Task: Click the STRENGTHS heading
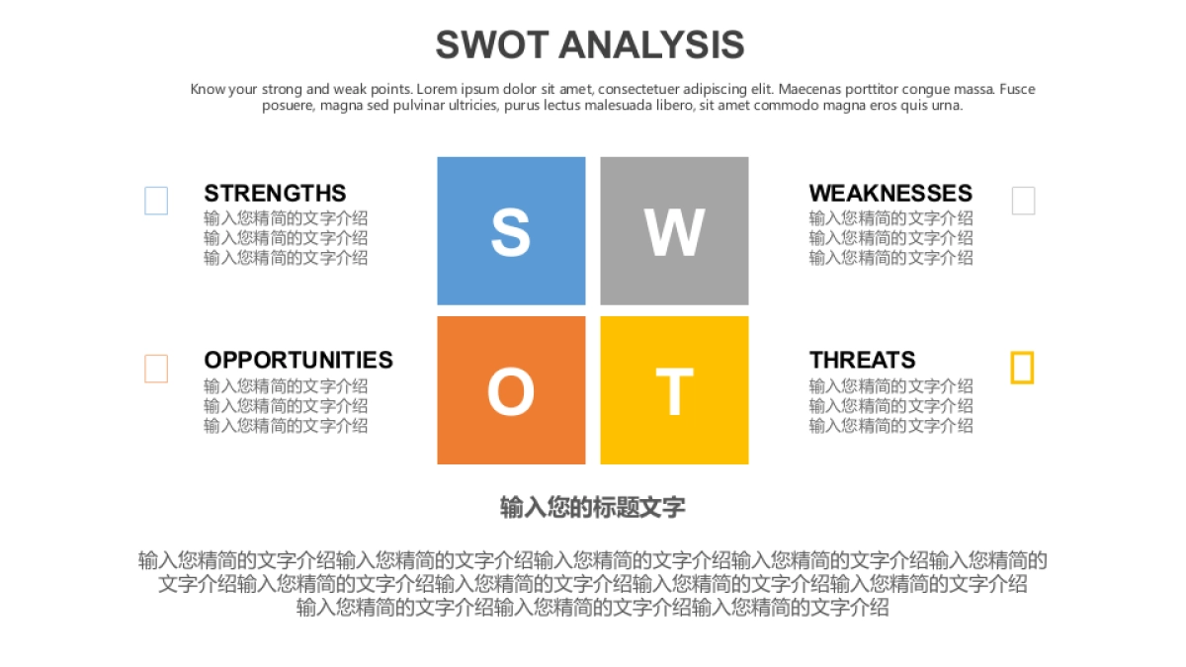(x=275, y=194)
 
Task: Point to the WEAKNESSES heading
(x=890, y=194)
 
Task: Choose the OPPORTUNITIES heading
(x=298, y=361)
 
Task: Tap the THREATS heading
(x=862, y=361)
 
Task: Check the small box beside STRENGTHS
(x=156, y=201)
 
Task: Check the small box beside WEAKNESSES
(x=1023, y=201)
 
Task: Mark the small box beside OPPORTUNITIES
(x=156, y=369)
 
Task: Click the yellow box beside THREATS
(x=1022, y=368)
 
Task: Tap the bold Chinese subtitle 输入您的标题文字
(x=592, y=508)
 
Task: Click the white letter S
(x=511, y=233)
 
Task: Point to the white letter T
(x=674, y=392)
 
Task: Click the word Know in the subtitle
(x=208, y=89)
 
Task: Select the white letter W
(x=674, y=233)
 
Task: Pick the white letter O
(x=511, y=392)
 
